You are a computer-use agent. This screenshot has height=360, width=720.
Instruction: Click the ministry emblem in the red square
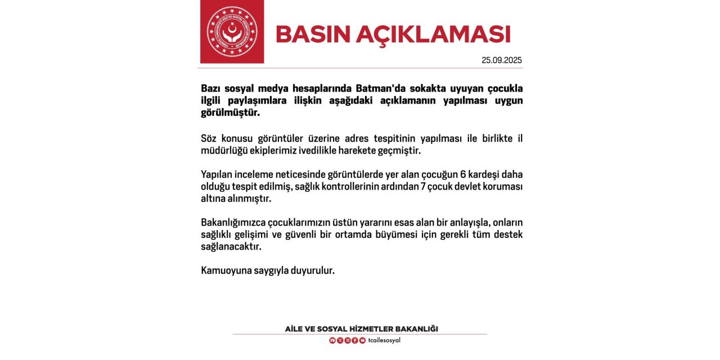232,31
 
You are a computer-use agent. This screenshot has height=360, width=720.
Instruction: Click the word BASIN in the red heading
311,34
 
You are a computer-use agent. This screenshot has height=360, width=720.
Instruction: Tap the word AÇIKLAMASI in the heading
433,34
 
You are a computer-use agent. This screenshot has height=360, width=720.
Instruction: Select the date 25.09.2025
502,60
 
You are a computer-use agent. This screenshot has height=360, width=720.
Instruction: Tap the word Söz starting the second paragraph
209,138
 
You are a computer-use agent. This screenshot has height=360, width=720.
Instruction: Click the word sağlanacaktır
231,246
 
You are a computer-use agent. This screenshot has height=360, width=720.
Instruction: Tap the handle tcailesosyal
384,340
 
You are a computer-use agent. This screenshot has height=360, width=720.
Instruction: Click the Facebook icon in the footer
355,340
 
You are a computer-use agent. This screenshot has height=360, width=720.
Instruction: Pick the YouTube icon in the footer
362,340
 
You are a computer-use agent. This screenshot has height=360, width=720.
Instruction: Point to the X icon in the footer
340,340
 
